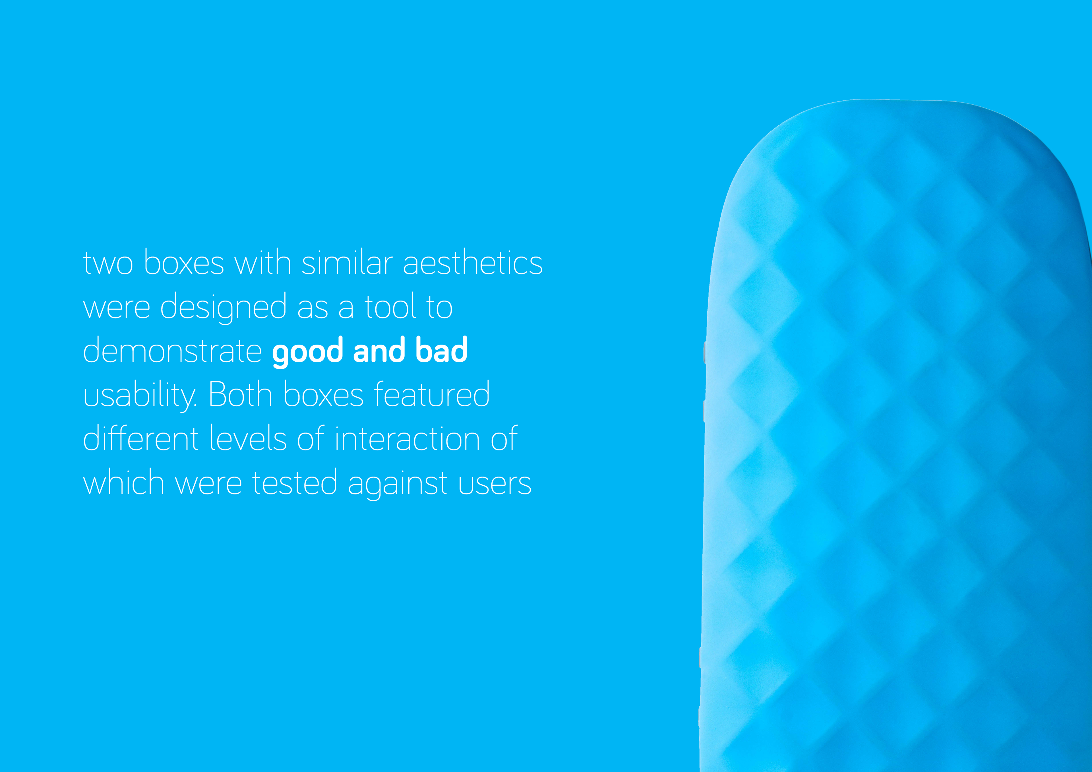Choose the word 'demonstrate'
tap(172, 351)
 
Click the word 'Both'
tap(240, 394)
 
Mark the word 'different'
tap(140, 438)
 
